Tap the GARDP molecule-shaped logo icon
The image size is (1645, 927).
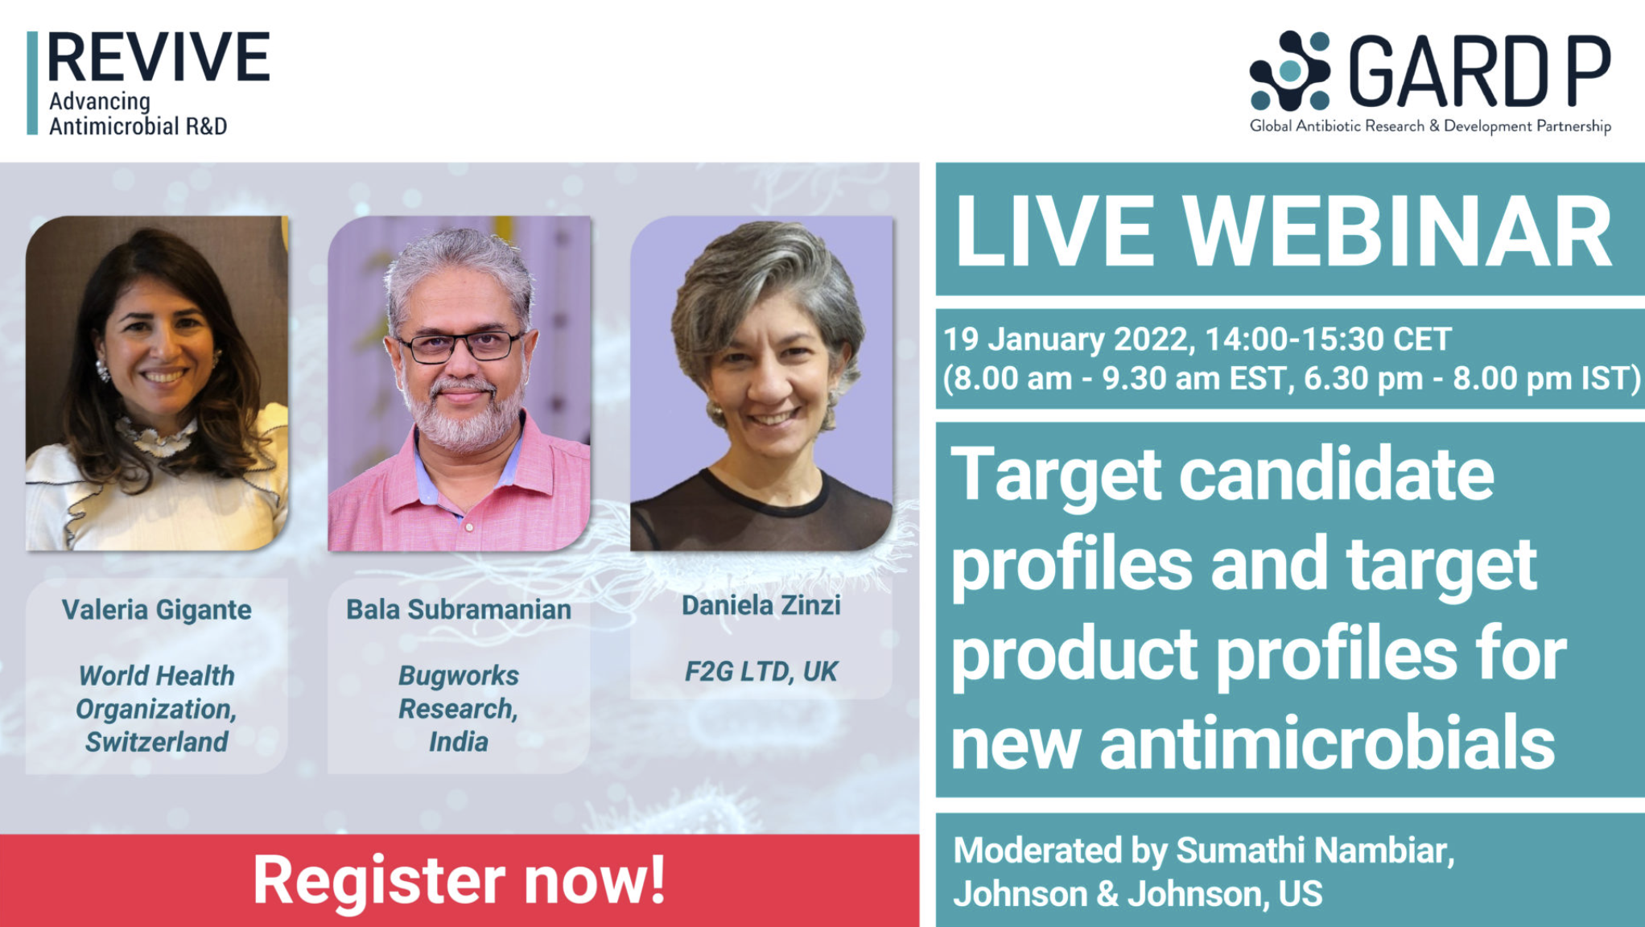tap(1289, 71)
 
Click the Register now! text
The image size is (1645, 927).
tap(460, 880)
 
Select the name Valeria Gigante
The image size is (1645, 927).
tap(157, 610)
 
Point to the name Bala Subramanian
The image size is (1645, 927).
tap(459, 610)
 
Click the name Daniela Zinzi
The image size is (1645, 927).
tap(761, 605)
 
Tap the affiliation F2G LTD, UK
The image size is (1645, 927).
tap(761, 671)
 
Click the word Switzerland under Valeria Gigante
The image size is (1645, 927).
tap(157, 741)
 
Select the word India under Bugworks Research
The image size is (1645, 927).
tap(459, 741)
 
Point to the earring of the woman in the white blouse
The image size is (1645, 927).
tap(103, 370)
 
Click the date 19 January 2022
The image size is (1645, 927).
tap(1066, 340)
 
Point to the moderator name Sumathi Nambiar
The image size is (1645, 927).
tap(1315, 851)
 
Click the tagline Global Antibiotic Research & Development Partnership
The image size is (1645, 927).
tap(1430, 126)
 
